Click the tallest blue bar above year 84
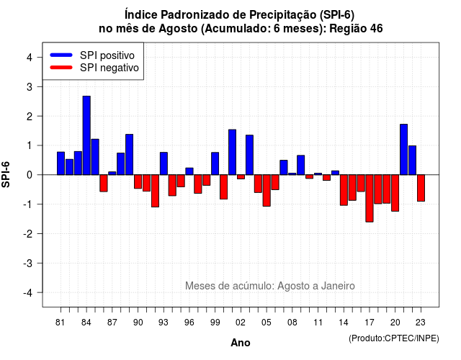pos(86,135)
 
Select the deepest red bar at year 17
pos(370,199)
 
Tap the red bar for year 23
pos(421,188)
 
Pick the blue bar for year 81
pos(61,163)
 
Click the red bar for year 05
pos(267,190)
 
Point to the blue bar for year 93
pos(164,163)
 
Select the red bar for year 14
pos(344,190)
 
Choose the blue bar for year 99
pos(215,163)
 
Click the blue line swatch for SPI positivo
pos(61,55)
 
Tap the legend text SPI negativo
pos(109,68)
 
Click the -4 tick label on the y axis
pos(28,292)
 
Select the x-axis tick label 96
pos(189,323)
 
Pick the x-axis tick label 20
pos(395,323)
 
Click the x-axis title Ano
pos(241,343)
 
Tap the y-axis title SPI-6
pos(6,174)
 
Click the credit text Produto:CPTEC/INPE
pos(394,338)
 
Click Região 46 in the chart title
pos(356,29)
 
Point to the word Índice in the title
pos(141,14)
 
